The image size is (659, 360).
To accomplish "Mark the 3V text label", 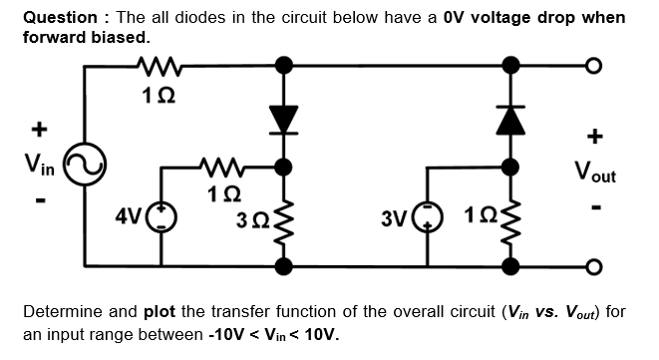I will coord(395,216).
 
